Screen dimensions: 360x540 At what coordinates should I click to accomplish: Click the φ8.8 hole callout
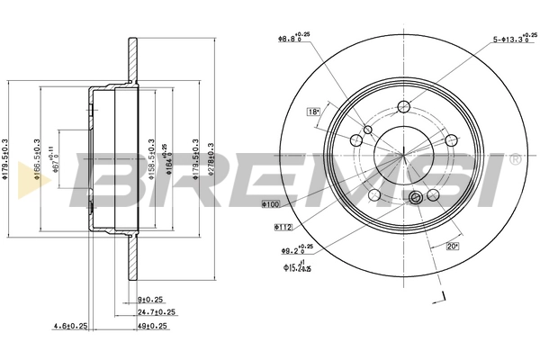(x=293, y=39)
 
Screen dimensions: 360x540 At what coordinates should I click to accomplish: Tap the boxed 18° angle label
(x=313, y=112)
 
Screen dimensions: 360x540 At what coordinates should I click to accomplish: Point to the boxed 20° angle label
(x=453, y=246)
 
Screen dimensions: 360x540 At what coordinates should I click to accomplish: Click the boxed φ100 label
(x=271, y=205)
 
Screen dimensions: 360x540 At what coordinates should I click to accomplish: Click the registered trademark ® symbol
(x=514, y=159)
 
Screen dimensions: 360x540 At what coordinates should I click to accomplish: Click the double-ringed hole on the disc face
(x=416, y=199)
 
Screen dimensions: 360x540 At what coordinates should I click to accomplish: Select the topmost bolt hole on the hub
(x=403, y=109)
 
